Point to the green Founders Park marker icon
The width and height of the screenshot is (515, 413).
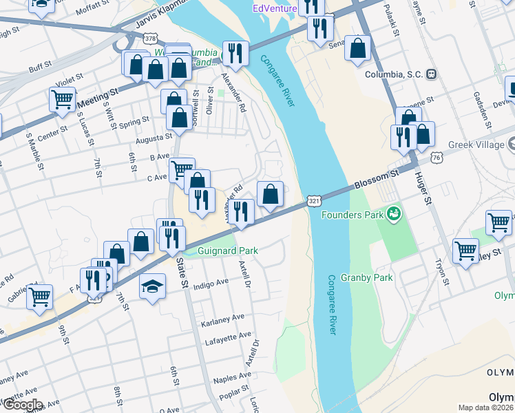coord(394,214)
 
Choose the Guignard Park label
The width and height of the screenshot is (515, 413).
coord(227,251)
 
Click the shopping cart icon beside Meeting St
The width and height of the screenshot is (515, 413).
coord(63,100)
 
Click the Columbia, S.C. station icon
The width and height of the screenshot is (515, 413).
coord(431,74)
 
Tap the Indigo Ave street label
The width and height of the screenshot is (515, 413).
coord(211,284)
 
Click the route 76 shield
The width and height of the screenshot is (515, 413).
coord(437,158)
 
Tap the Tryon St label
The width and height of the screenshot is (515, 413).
coord(441,272)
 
